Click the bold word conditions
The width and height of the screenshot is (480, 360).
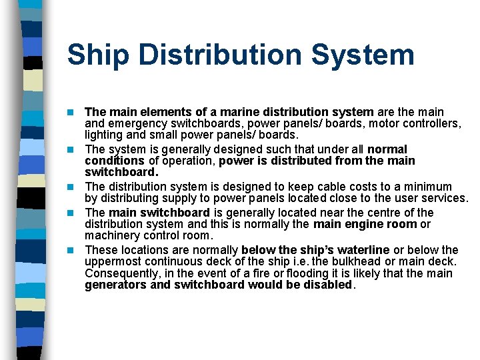(114, 161)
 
